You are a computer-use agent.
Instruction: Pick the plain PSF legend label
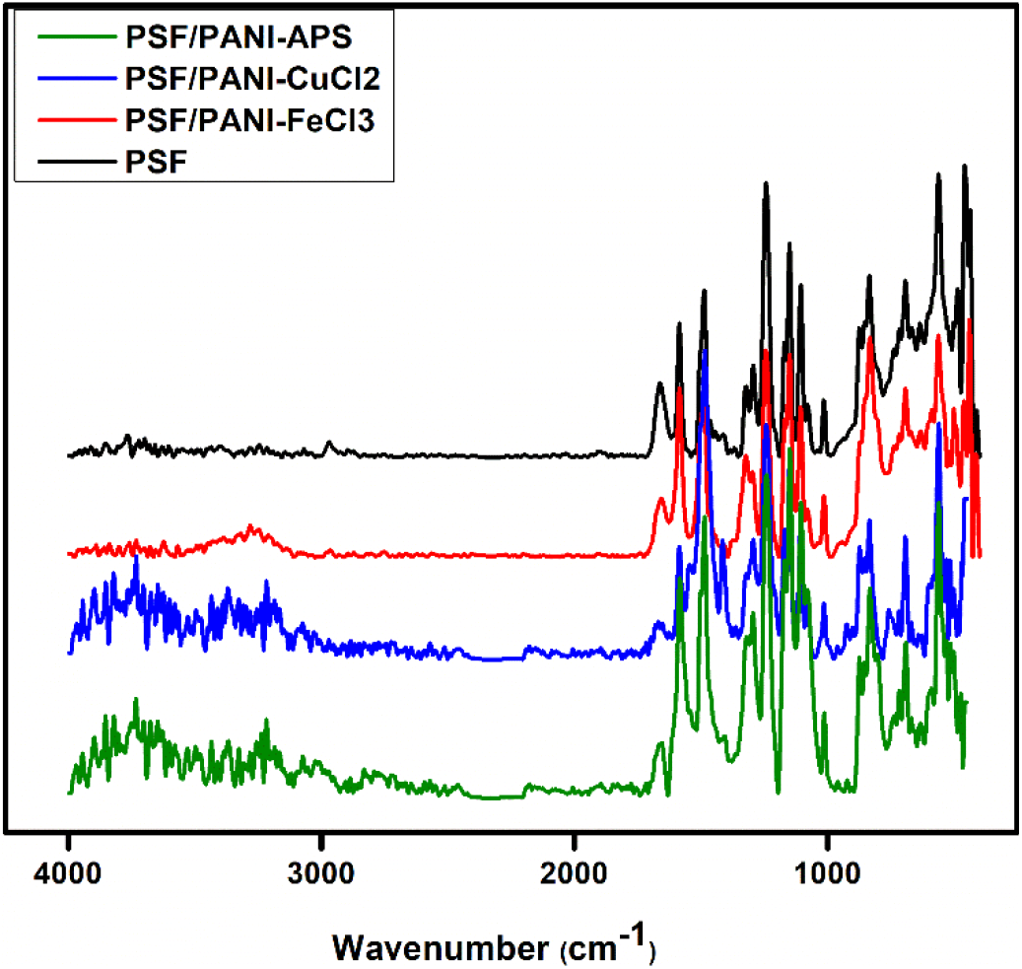coord(155,161)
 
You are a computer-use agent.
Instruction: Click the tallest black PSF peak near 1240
coord(766,184)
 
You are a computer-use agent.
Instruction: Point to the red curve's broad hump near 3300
coord(254,529)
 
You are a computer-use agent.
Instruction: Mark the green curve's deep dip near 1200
coord(778,792)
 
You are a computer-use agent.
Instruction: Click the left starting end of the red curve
coord(69,554)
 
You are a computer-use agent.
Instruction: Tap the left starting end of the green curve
coord(69,792)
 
